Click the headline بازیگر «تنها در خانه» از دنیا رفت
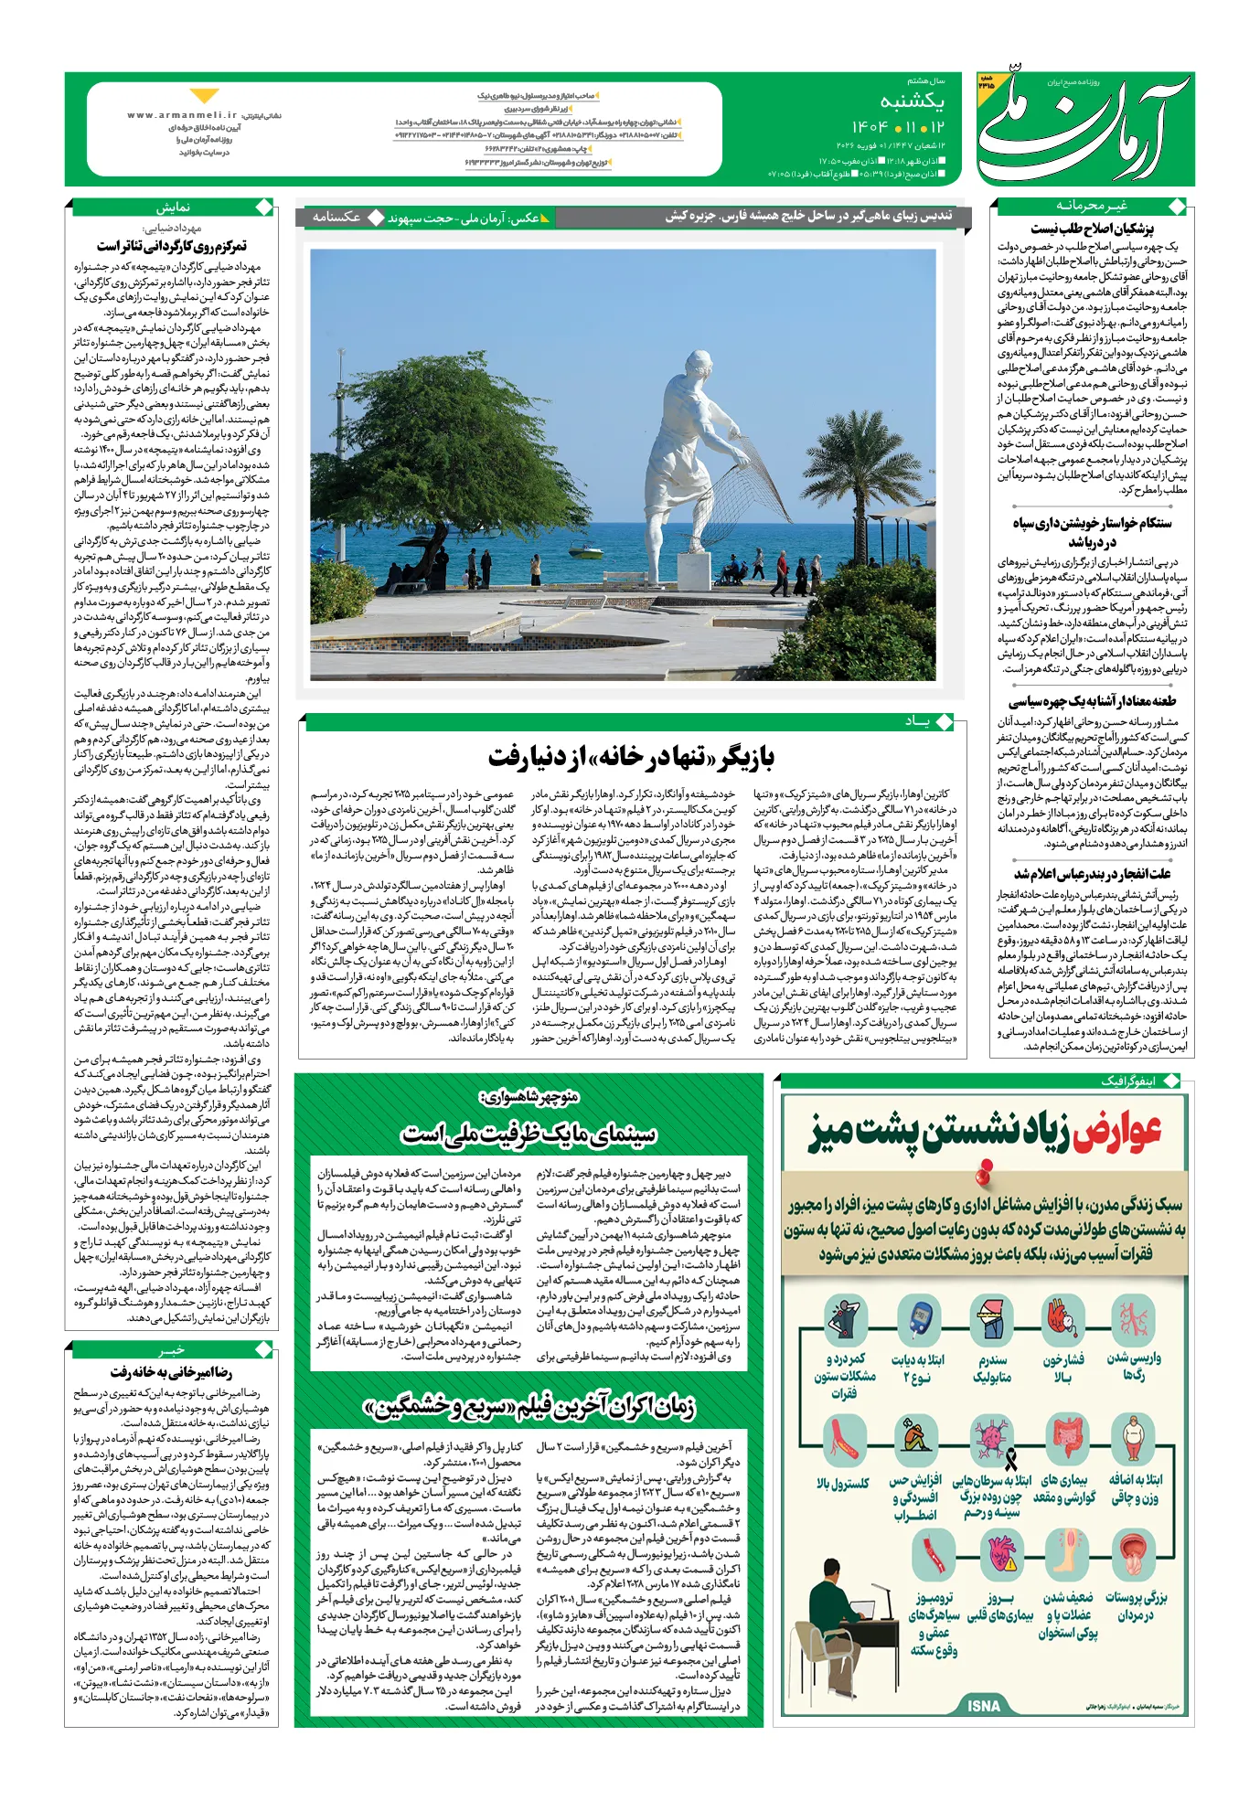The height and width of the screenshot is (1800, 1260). coord(631,757)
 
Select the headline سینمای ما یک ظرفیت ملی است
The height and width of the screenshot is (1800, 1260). coord(529,1134)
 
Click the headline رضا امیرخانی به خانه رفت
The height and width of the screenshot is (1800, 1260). coord(171,1372)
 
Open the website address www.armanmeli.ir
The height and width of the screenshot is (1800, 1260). coord(182,115)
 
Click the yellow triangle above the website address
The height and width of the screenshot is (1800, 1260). coord(204,96)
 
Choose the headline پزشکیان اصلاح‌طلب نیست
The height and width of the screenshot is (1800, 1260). coord(1092,229)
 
